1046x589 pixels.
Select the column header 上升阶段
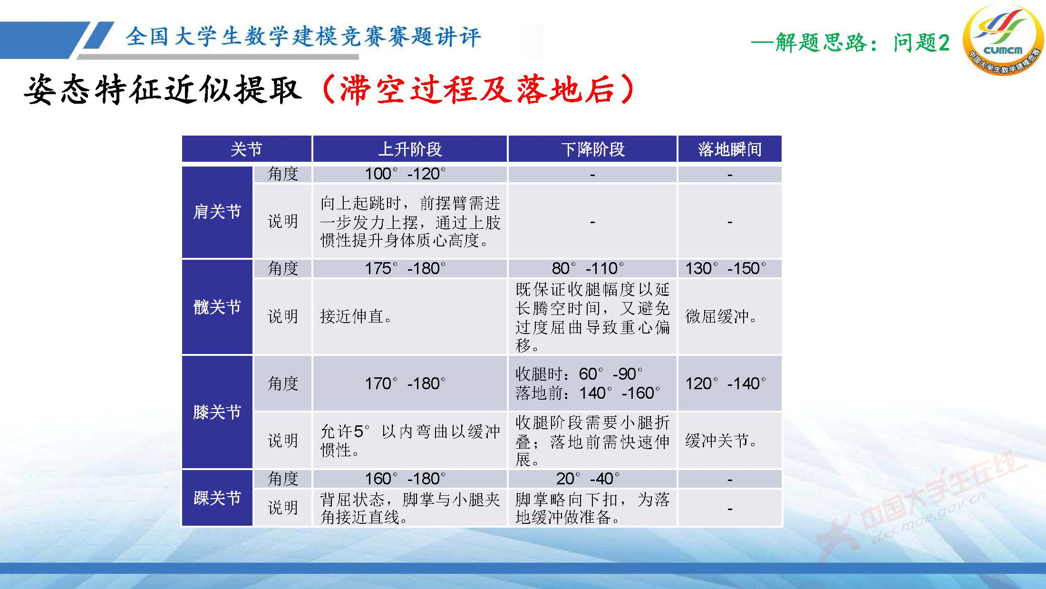[x=409, y=149]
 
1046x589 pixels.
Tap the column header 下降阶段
[x=592, y=149]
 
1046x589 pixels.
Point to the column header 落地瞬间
[x=729, y=149]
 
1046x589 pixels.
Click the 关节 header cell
[x=246, y=149]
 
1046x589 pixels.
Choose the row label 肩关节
[x=217, y=212]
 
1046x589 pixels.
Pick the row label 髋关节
[x=217, y=307]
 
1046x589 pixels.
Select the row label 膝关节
[x=217, y=412]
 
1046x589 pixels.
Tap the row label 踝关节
[x=217, y=498]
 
